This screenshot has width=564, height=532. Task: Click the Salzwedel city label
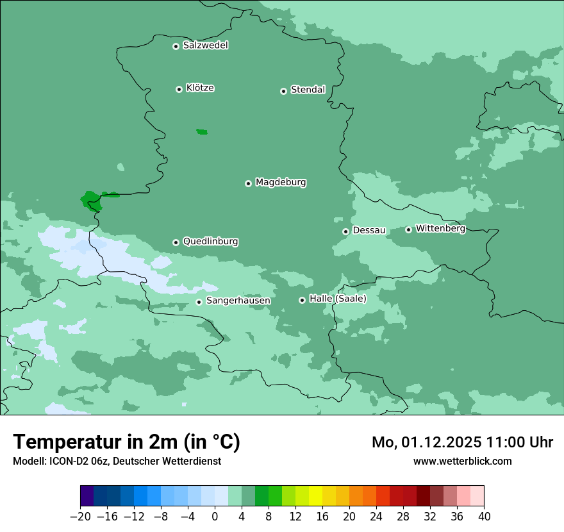[205, 46]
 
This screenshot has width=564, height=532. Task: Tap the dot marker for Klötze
[179, 89]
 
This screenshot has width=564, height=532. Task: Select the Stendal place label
[308, 90]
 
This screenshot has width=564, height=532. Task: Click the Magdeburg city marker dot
[248, 183]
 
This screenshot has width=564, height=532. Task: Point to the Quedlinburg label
[210, 242]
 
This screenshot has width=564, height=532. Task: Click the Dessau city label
[369, 230]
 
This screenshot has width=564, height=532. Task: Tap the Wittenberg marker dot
[408, 229]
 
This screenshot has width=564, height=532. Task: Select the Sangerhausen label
[238, 301]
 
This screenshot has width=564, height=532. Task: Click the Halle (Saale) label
[338, 299]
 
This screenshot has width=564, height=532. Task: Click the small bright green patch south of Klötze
[202, 132]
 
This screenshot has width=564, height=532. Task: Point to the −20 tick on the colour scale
[80, 517]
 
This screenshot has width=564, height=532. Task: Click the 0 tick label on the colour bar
[215, 517]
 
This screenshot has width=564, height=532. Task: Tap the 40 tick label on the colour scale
[484, 517]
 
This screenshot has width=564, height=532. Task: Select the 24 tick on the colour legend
[376, 517]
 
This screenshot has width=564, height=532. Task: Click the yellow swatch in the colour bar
[315, 496]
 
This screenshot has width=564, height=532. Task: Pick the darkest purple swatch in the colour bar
[87, 496]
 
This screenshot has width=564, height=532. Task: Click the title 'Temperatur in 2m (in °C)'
[126, 442]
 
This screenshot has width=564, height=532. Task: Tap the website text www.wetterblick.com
[462, 461]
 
